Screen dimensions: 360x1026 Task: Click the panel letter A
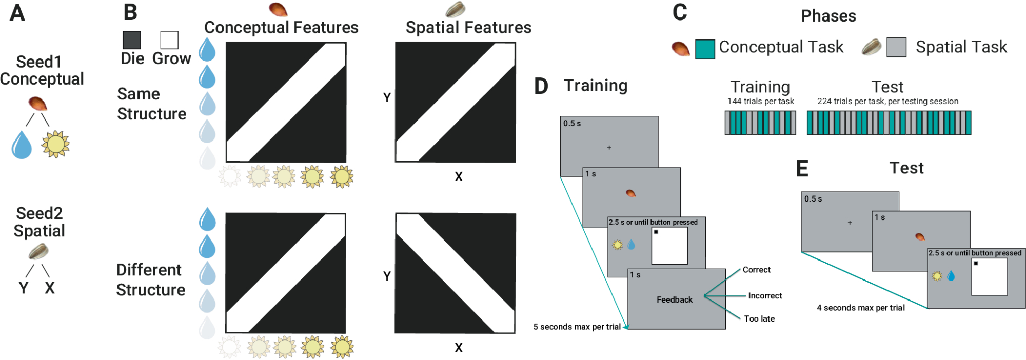17,13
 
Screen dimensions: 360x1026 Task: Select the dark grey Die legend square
132,40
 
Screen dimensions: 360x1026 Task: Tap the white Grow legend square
169,40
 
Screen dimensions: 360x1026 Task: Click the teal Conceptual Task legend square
705,49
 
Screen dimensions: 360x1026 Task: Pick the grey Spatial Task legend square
896,47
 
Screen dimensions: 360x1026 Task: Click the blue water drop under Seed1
22,145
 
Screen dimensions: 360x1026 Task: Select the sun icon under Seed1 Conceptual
55,144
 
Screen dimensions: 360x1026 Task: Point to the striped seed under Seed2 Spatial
38,251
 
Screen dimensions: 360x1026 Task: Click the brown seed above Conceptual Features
278,9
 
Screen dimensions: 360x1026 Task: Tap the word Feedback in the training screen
675,299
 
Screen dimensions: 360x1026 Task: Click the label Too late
759,318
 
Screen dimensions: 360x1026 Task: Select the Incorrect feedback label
765,295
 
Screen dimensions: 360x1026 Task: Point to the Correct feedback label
757,270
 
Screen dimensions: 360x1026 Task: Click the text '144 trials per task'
760,101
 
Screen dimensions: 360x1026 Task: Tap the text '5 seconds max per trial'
577,327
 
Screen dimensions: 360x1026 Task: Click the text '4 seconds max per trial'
861,308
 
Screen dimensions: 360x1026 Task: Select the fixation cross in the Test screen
850,223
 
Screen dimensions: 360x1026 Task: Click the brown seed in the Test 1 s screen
920,236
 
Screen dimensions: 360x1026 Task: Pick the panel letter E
802,169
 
